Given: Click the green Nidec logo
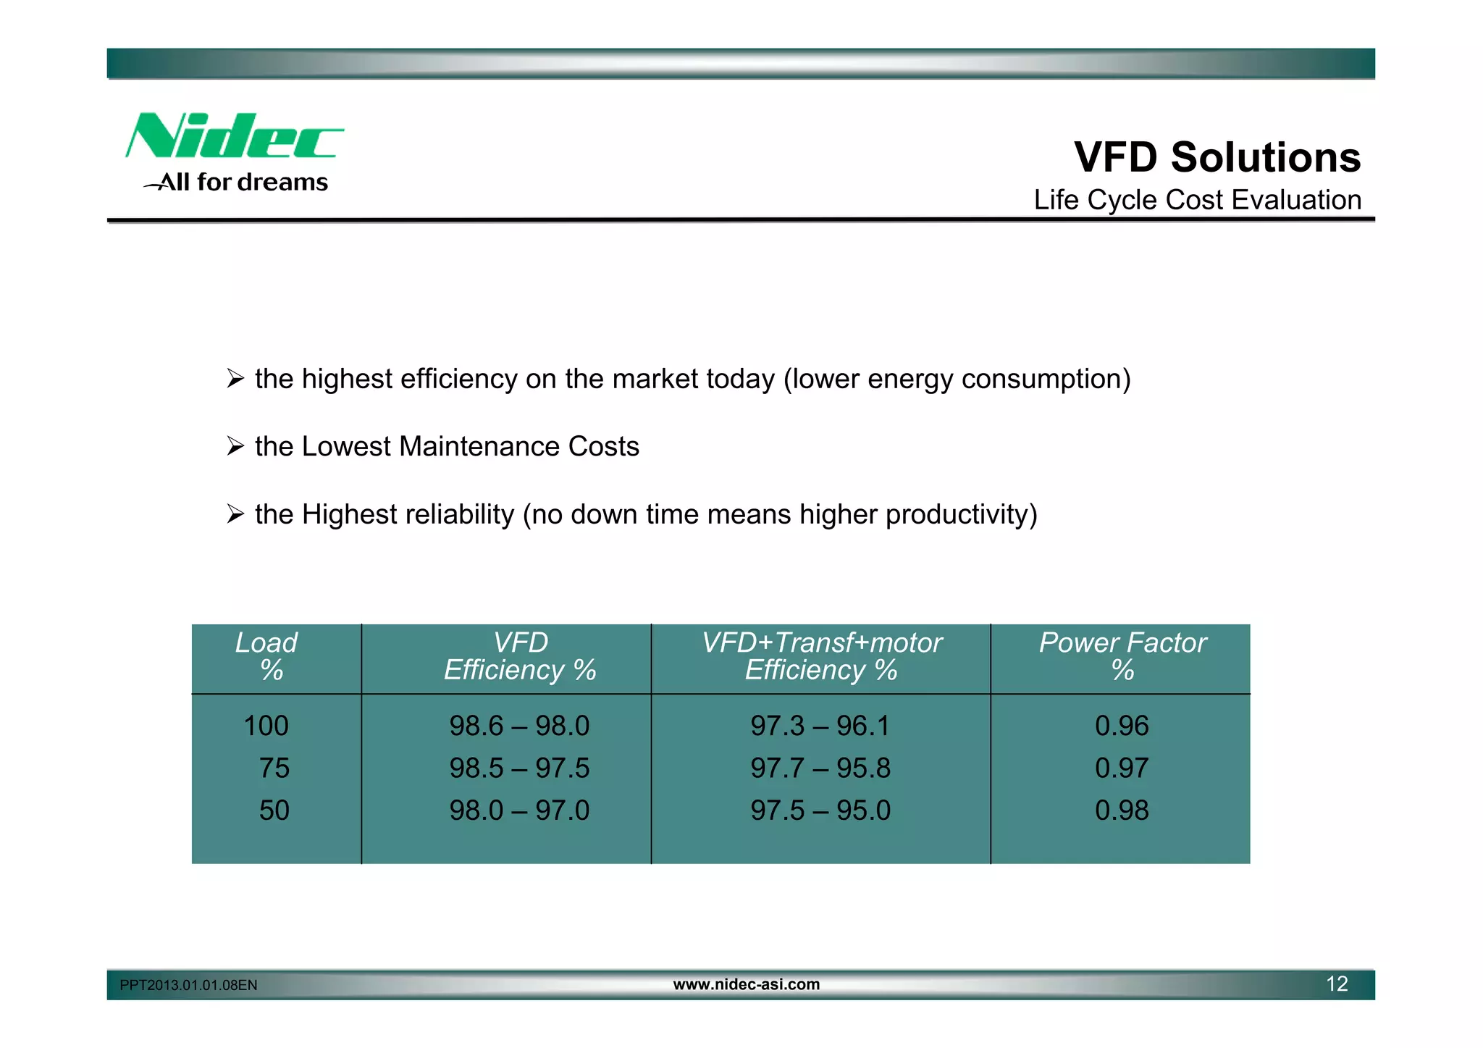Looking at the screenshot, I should pos(233,136).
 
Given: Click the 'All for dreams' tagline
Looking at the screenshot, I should pos(243,183).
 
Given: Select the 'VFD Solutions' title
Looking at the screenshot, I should pos(1217,157).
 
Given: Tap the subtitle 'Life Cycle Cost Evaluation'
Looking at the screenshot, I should pos(1197,200).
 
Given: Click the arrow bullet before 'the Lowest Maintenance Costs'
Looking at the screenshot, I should pos(235,446).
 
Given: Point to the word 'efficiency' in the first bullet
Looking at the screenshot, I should pos(458,379).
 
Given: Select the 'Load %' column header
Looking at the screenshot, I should pos(267,656).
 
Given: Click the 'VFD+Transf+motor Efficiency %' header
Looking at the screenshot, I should pos(821,656).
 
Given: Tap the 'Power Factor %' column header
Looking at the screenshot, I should pos(1122,656).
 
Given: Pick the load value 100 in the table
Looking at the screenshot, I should pos(266,726).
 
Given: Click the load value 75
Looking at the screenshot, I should pos(274,768).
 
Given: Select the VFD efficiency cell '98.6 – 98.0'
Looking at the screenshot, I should pos(519,726).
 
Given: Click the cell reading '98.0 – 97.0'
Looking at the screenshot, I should pos(519,810).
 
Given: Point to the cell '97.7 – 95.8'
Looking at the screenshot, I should pos(820,768).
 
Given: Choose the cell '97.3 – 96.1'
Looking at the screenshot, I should pos(820,726).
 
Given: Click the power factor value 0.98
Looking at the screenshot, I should pos(1122,810).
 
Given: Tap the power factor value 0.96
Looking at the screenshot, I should pos(1122,726).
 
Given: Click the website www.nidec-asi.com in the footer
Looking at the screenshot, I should pos(747,984).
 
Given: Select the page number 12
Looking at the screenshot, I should pos(1337,984).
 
